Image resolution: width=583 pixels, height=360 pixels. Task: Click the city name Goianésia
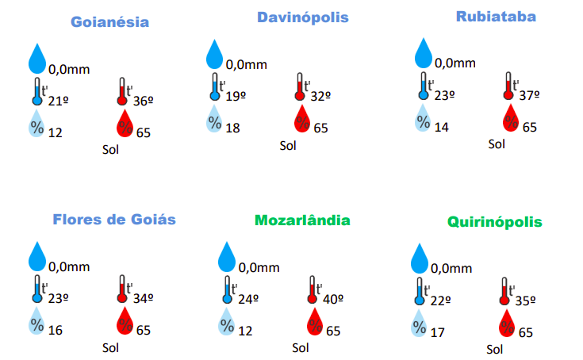pos(109,21)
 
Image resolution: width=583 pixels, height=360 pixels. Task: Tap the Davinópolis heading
pos(302,17)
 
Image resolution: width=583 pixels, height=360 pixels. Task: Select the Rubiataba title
pos(496,16)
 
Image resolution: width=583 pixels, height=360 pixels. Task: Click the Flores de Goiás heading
pos(114,219)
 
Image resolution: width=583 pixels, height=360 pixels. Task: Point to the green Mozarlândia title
pos(302,220)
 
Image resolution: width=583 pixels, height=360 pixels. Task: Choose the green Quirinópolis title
pos(494,221)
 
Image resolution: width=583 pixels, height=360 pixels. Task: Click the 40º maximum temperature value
pos(332,299)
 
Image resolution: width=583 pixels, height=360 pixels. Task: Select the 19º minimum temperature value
pos(236,95)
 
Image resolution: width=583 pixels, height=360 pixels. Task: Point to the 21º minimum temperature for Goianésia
pos(59,100)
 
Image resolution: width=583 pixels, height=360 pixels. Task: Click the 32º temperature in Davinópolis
pos(320,95)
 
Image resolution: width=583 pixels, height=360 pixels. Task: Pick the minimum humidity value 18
pos(232,128)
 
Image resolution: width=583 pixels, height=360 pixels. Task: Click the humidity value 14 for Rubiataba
pos(441,127)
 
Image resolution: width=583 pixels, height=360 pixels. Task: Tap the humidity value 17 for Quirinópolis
pos(438,332)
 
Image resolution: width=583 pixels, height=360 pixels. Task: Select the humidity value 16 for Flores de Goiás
pos(56,330)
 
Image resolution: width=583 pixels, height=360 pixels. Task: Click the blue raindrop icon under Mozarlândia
pos(228,256)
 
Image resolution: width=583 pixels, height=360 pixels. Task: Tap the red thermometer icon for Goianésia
pos(122,91)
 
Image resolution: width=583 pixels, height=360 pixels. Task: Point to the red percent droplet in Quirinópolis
pos(508,324)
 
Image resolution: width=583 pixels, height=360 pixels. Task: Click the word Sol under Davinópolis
pos(287,145)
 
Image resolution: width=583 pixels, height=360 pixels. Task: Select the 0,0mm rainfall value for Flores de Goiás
pos(69,267)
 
